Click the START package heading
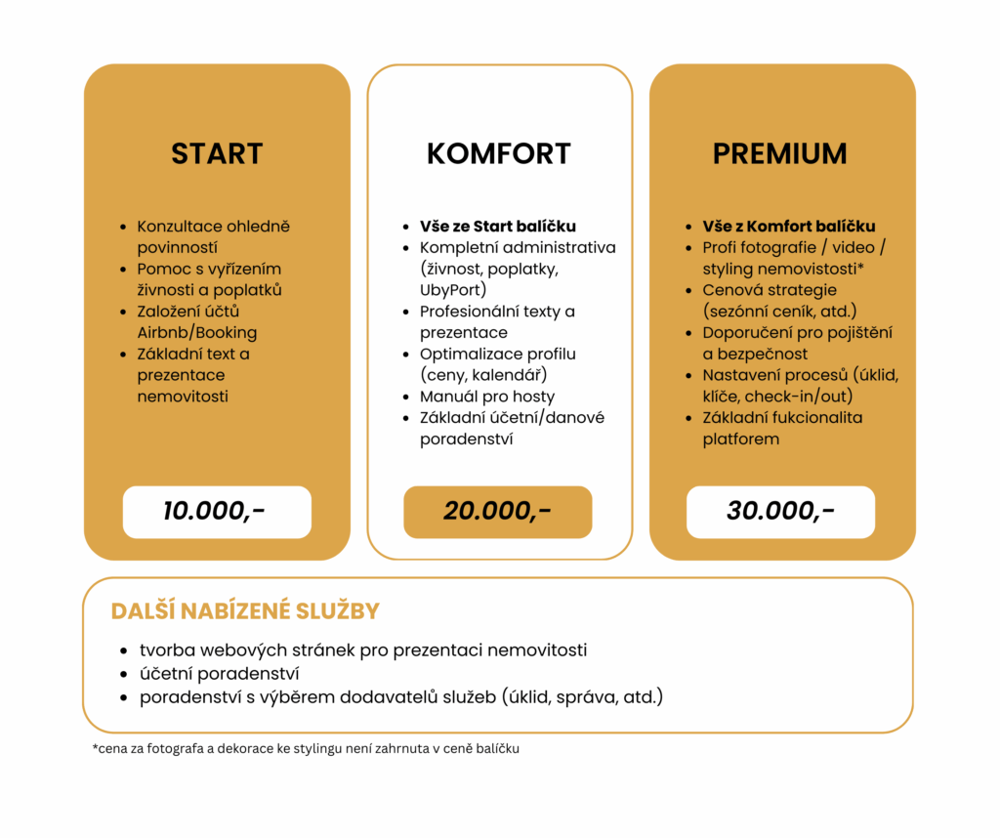[x=217, y=153]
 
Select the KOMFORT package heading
[x=499, y=153]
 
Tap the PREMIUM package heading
[x=779, y=153]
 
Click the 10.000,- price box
[x=217, y=512]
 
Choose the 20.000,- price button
[x=498, y=512]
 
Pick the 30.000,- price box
[x=780, y=512]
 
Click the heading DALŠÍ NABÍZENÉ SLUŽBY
[x=245, y=611]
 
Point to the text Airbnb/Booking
[x=197, y=332]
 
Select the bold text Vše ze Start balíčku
[x=498, y=227]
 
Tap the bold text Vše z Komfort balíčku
[x=789, y=227]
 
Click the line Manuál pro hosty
[x=487, y=397]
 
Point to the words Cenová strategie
[x=770, y=290]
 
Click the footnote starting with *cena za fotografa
[x=306, y=749]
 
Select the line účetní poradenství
[x=219, y=674]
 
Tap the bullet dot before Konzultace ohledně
[x=123, y=228]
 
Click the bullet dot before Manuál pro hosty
[x=406, y=398]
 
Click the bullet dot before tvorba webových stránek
[x=124, y=650]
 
